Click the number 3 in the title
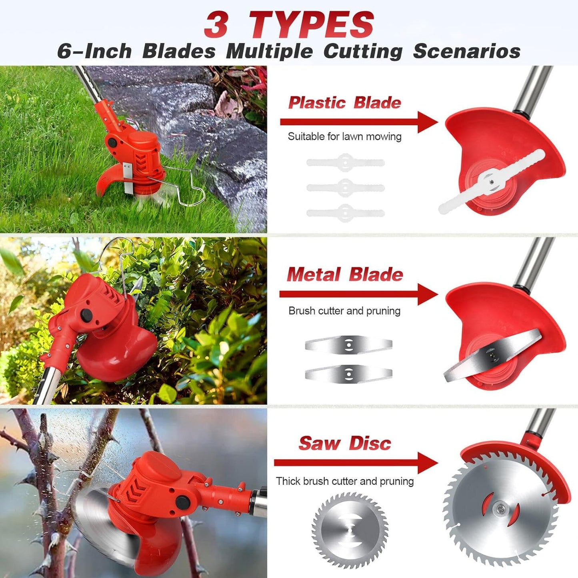click(216, 25)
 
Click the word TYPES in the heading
click(312, 25)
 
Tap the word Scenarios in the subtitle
click(466, 52)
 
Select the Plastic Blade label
click(344, 103)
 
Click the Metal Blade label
click(345, 275)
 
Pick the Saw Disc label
click(344, 443)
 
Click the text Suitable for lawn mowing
click(344, 137)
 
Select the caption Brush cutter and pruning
click(344, 311)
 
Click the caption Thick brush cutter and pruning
click(344, 481)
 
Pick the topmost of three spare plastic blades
click(346, 163)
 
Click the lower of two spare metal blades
click(348, 374)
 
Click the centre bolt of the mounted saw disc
click(500, 508)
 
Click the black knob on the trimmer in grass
click(112, 142)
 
